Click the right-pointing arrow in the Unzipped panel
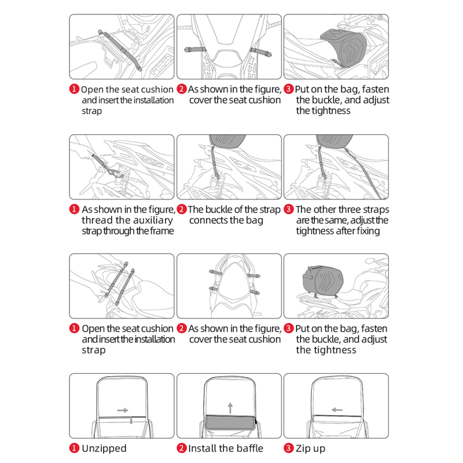(123, 410)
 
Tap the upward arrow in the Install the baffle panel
(230, 408)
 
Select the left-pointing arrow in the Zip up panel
(337, 410)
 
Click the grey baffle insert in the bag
(230, 422)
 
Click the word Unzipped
(104, 448)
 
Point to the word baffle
(248, 448)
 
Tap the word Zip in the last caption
(302, 449)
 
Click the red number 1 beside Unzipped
(75, 448)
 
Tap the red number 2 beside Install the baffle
(182, 448)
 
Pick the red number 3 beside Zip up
(288, 448)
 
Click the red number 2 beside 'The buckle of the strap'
(182, 210)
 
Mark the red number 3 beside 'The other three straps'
(288, 210)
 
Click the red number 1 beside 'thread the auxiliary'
(75, 210)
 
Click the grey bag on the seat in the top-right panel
(345, 47)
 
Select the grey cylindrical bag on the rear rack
(323, 281)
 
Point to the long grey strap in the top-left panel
(120, 50)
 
